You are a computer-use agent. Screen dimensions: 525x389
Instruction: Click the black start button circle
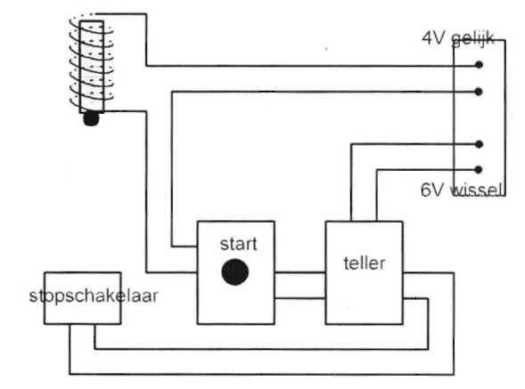[235, 271]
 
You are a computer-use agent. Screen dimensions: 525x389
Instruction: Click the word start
[238, 244]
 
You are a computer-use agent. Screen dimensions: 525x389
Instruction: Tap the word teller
[365, 263]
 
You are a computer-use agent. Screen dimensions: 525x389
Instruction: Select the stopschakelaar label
[94, 296]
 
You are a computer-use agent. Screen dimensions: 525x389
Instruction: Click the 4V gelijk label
[458, 38]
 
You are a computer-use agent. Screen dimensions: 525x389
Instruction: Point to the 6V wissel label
[462, 190]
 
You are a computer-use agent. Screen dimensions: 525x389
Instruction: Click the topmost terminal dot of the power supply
[480, 65]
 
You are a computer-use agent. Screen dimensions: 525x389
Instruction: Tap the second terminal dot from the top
[479, 92]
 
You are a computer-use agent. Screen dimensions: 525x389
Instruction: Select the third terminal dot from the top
[479, 144]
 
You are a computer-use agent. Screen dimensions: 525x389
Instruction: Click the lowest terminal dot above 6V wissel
[479, 170]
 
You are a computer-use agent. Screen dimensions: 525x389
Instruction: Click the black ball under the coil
[91, 118]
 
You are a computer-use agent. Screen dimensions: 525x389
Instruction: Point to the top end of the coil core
[92, 21]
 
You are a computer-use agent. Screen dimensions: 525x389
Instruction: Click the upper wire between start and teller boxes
[300, 272]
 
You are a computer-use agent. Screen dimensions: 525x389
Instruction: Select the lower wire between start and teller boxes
[300, 297]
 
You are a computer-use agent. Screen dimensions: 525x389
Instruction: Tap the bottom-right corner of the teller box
[403, 324]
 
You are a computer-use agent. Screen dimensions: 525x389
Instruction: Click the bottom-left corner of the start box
[198, 324]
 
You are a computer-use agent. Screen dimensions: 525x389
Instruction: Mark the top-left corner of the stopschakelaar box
[45, 272]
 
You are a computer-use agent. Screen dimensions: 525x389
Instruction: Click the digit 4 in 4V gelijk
[427, 38]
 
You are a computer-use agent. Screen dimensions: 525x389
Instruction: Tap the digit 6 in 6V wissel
[426, 190]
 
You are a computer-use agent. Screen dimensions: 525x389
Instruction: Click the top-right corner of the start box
[275, 222]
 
